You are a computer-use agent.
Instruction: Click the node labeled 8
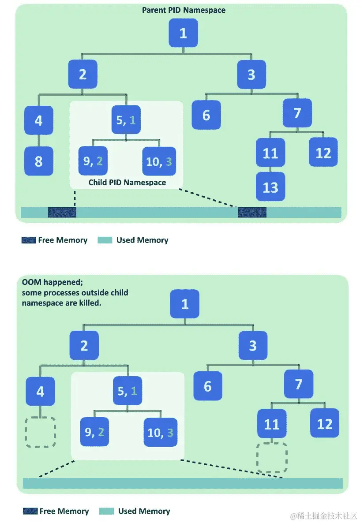[39, 161]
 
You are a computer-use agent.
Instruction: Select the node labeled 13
[270, 187]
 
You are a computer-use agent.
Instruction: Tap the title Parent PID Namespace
[184, 10]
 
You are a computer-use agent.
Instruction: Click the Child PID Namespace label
[127, 182]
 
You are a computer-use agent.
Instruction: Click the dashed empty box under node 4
[41, 432]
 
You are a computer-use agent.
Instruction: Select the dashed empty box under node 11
[272, 457]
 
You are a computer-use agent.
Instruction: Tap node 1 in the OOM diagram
[185, 304]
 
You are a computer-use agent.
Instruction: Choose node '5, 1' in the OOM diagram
[127, 390]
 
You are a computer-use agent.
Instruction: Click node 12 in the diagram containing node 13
[323, 153]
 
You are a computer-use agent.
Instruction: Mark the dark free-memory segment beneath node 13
[252, 212]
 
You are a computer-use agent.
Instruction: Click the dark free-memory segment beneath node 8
[62, 212]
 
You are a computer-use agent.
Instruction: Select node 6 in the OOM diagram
[208, 386]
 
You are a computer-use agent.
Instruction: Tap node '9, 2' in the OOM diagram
[94, 432]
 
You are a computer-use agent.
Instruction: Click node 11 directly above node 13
[270, 153]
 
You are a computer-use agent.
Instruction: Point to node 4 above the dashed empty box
[41, 391]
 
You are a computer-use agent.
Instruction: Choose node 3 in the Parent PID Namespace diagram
[251, 75]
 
